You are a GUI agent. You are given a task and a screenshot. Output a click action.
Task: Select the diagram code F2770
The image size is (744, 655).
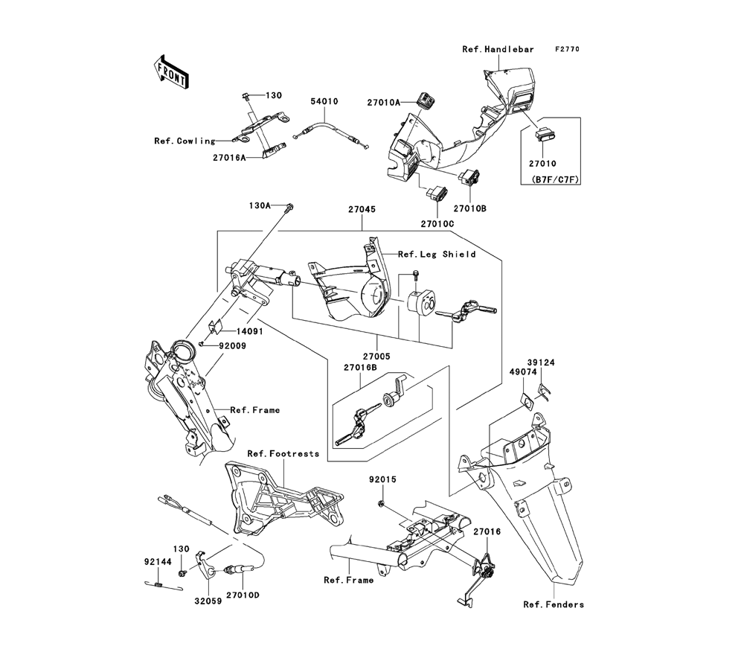565,49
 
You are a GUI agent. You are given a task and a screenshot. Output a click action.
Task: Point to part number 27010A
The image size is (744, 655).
382,102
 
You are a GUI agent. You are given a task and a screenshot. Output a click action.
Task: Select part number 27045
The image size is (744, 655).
361,210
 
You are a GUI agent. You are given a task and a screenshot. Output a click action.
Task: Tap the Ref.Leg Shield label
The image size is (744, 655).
437,254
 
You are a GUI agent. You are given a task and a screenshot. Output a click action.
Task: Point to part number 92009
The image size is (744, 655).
233,346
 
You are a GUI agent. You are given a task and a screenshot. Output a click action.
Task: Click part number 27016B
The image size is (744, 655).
362,368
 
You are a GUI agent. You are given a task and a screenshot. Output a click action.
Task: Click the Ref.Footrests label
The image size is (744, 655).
283,453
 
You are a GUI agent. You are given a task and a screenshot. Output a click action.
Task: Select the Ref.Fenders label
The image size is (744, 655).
554,604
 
